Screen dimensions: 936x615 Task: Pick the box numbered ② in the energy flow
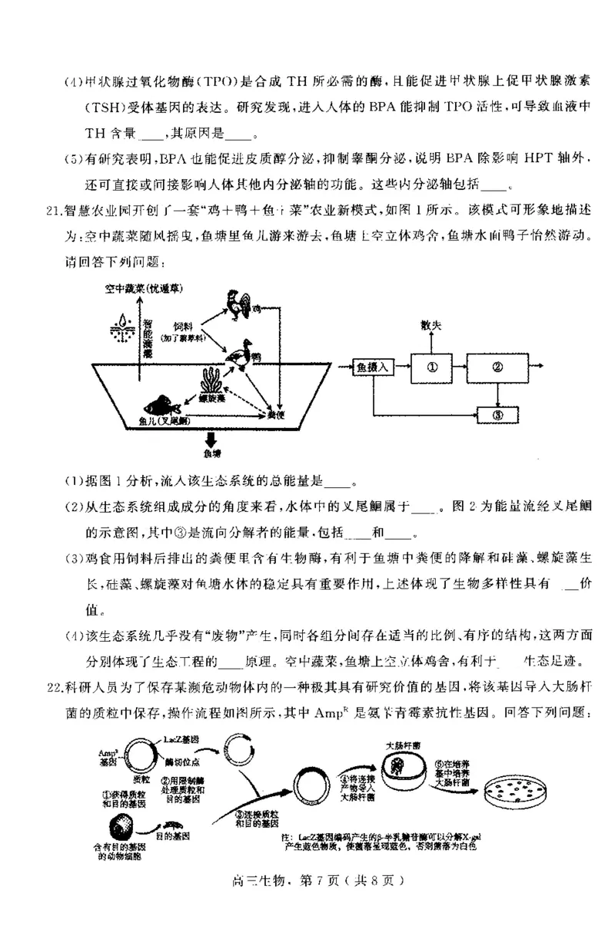(497, 367)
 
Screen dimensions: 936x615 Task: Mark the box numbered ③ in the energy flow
(497, 415)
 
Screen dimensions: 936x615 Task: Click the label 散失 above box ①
(432, 327)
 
